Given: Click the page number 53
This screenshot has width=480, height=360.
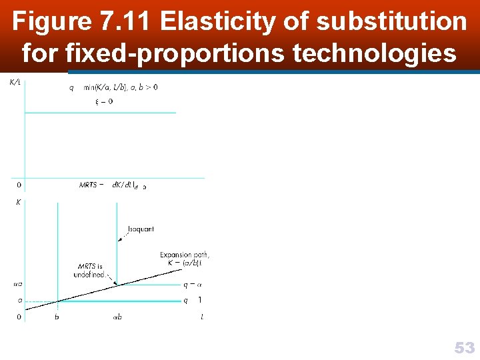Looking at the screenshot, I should coord(465,347).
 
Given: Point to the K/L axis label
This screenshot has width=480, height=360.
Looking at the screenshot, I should coord(13,82).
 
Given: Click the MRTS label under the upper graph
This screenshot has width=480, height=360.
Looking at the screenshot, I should coord(89,185).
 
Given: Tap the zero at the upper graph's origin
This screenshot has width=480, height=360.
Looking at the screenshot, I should coord(18,185).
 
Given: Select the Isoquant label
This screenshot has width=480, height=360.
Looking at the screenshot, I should coord(141,229).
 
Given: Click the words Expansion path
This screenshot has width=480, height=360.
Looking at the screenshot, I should coord(185,255).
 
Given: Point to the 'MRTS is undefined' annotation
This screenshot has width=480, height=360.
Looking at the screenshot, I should coord(91,270).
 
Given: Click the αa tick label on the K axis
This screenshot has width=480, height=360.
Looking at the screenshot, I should coord(17,285).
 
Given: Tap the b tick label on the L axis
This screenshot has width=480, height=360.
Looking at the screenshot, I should coord(57,317).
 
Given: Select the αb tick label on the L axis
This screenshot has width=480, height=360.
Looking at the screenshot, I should coord(117,317).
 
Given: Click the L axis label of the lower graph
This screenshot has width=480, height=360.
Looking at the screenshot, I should coord(202,317).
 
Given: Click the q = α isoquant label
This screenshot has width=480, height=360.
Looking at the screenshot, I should coord(190,285).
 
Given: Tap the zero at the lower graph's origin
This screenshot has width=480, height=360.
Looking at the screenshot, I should coord(18,317).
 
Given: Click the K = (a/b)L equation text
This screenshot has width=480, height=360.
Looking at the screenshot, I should coord(185,263).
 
